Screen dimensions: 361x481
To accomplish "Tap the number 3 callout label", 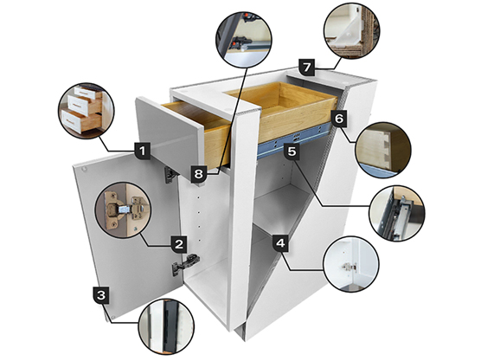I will [102, 296].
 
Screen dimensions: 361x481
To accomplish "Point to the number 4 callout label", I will [279, 243].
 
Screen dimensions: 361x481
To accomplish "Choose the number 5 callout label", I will [292, 151].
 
